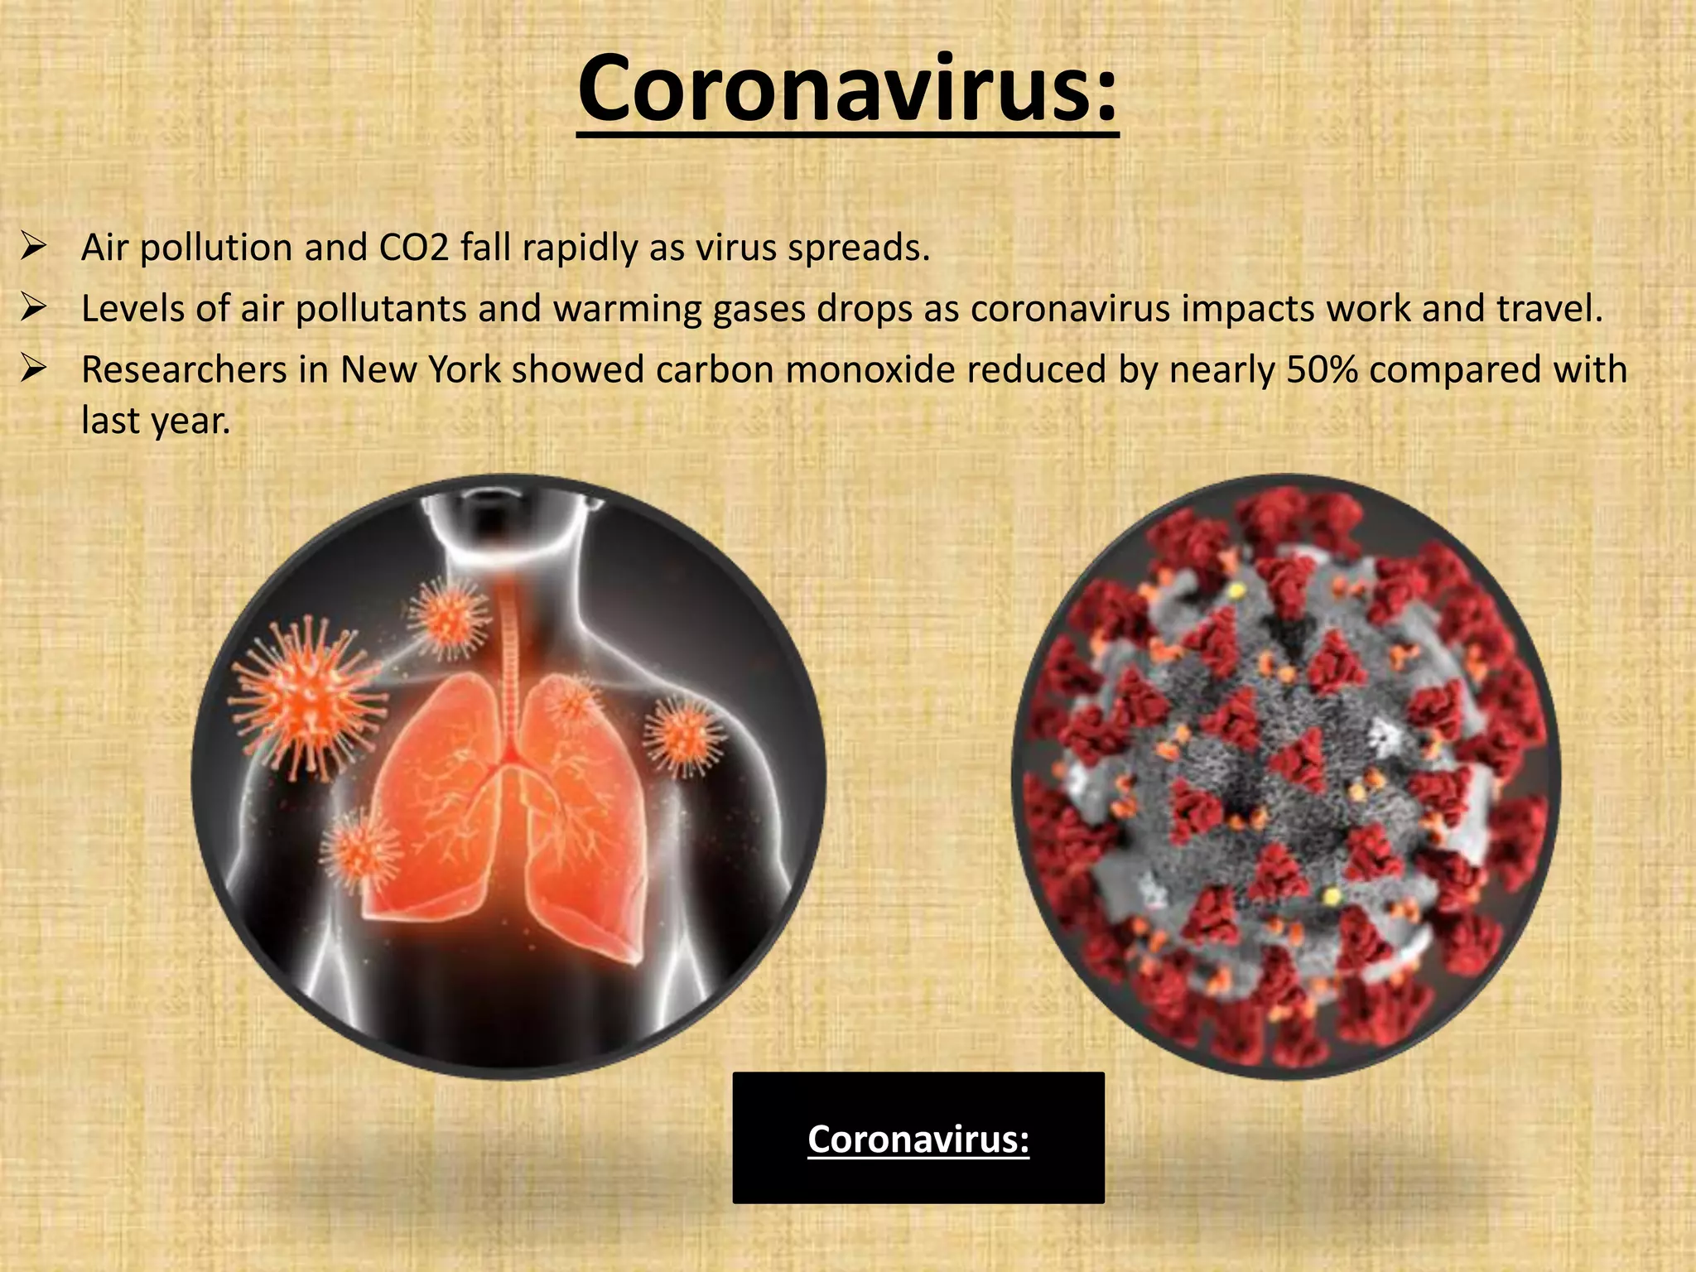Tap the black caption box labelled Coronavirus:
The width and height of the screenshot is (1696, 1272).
tap(918, 1138)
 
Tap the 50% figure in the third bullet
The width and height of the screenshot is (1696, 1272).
tap(1322, 369)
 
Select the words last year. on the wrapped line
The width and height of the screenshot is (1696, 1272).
tap(155, 421)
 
